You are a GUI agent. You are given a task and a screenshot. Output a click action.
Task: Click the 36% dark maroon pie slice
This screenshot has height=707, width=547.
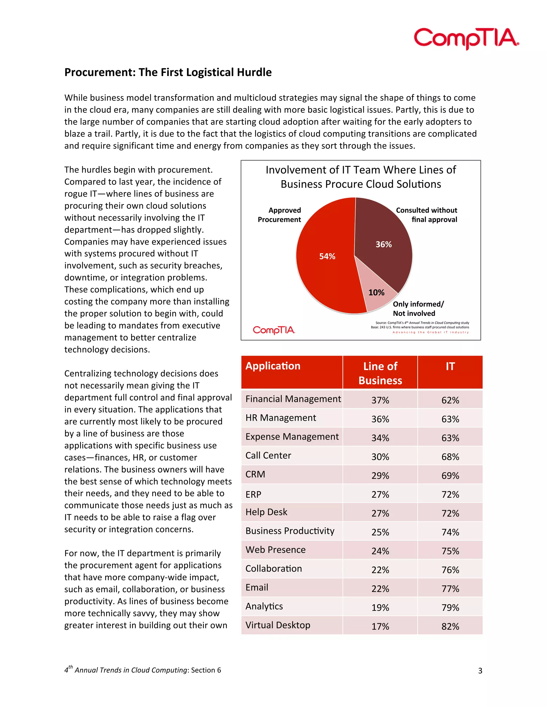[x=384, y=243]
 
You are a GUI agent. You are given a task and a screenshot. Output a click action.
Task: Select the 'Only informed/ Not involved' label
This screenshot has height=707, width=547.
[x=418, y=308]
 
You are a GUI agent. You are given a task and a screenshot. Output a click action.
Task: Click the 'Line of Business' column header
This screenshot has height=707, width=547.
[x=380, y=373]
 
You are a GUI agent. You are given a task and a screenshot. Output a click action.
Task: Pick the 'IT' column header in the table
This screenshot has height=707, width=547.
[x=450, y=367]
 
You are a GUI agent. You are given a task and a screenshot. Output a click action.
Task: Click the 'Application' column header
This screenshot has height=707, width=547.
[x=273, y=366]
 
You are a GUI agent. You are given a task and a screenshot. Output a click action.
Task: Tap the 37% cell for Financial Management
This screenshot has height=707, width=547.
[x=380, y=400]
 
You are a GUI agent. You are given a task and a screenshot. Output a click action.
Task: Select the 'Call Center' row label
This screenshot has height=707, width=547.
[x=268, y=455]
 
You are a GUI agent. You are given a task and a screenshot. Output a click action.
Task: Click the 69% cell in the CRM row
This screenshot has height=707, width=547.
[x=450, y=475]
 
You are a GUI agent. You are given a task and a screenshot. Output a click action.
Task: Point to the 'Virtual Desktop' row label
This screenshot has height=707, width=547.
[x=278, y=625]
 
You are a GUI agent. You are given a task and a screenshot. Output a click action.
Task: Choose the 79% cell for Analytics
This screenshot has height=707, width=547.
[x=450, y=607]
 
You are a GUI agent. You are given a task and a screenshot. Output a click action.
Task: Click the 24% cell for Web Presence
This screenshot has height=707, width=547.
[x=380, y=551]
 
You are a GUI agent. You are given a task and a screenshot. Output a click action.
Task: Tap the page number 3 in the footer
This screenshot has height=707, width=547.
[x=480, y=671]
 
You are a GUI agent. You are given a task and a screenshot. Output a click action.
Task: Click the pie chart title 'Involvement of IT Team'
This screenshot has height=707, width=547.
[x=361, y=170]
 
